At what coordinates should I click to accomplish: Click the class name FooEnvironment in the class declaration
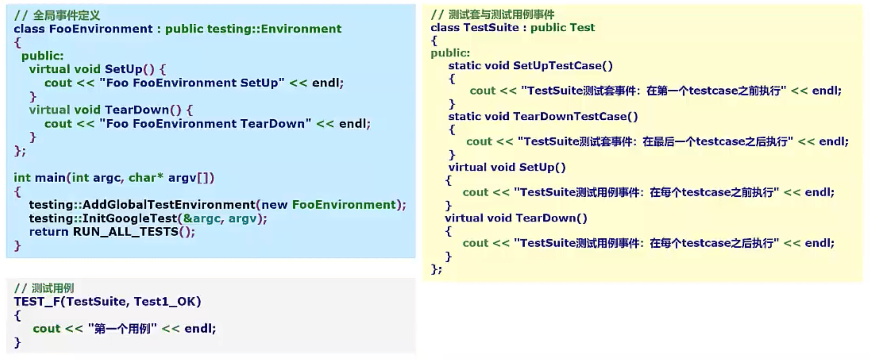point(101,29)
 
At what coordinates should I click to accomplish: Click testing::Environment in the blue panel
point(274,29)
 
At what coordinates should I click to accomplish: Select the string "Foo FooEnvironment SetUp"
point(192,83)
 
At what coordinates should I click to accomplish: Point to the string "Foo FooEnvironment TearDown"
point(205,124)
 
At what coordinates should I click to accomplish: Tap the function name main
point(50,178)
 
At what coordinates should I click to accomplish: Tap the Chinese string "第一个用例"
point(122,329)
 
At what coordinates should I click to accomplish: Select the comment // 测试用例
point(44,288)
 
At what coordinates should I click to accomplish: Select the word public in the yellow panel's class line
point(547,28)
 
